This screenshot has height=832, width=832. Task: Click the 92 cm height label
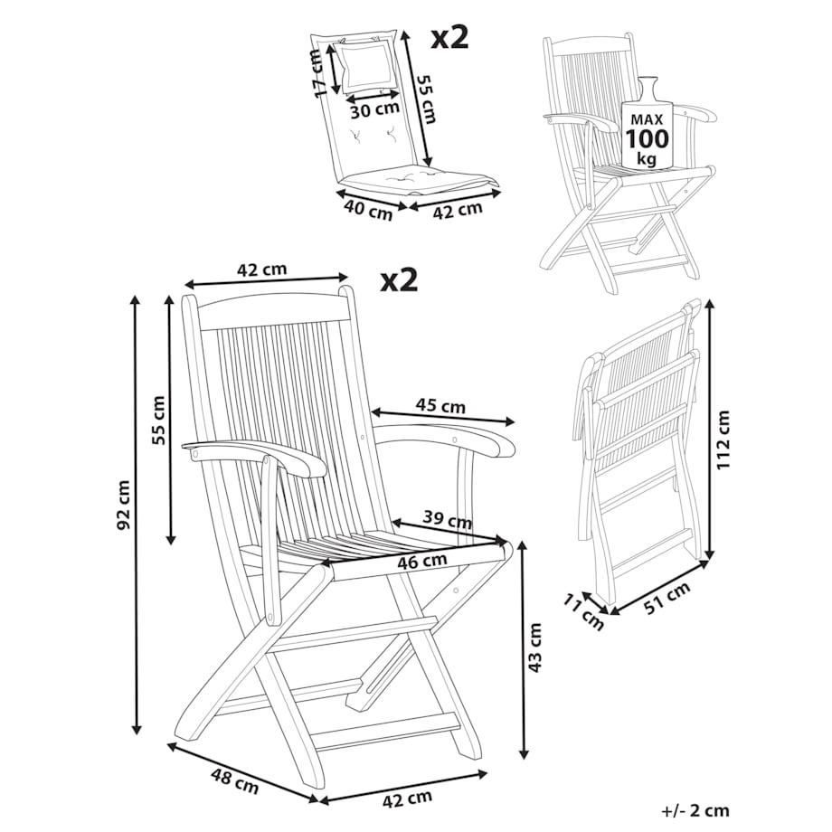(123, 505)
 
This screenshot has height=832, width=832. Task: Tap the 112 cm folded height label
(723, 440)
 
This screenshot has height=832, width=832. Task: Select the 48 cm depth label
(234, 781)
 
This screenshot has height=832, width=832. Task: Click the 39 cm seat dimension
(448, 521)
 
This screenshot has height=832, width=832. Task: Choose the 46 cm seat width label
(422, 561)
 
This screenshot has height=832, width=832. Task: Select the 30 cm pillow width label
(374, 109)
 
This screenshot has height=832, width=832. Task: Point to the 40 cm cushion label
(368, 210)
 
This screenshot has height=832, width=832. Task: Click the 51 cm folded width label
(667, 598)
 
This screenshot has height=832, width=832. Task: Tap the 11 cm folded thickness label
(583, 613)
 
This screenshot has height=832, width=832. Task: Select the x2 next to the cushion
(450, 38)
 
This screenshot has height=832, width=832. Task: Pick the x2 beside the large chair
(399, 279)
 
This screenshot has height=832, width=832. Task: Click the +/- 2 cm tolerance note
(695, 811)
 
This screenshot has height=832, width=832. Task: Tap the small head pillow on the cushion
(365, 66)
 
